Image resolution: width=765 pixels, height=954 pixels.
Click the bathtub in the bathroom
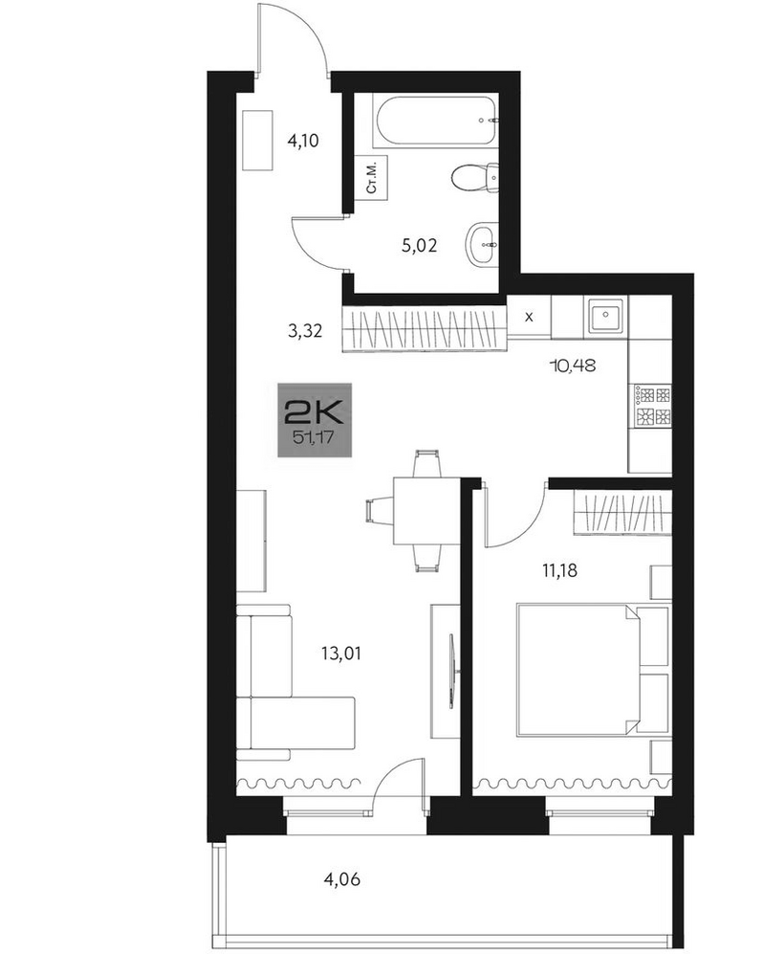click(x=437, y=122)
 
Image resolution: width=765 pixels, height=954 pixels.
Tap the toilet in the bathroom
click(x=475, y=178)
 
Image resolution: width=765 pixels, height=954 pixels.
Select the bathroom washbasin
click(x=482, y=245)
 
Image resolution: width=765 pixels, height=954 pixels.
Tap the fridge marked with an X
click(x=529, y=317)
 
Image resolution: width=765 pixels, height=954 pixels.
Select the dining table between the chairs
click(x=426, y=511)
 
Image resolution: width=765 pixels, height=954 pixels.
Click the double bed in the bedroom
click(x=578, y=669)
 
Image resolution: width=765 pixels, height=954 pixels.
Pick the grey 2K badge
click(x=315, y=420)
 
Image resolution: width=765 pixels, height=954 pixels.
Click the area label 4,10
click(x=303, y=142)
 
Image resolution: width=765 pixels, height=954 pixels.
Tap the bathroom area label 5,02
click(x=420, y=246)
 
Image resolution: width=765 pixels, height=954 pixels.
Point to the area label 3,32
click(x=305, y=332)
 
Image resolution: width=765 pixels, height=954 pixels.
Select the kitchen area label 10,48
click(x=572, y=366)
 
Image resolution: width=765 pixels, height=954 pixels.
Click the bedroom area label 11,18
click(x=559, y=570)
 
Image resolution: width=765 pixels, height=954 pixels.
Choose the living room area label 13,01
click(x=341, y=654)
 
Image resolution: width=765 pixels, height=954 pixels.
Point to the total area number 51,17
click(x=314, y=437)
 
